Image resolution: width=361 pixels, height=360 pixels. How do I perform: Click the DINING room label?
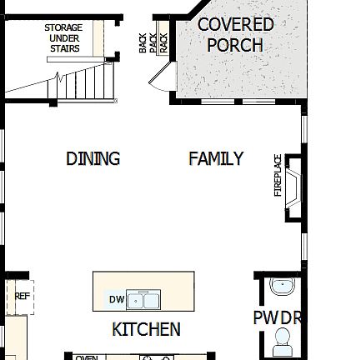click(93, 158)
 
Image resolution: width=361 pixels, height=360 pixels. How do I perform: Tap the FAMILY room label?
click(216, 158)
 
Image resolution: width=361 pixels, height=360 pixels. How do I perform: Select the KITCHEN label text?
click(146, 329)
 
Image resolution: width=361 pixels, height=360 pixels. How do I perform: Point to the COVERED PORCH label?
click(235, 35)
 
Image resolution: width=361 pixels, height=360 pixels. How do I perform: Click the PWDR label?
click(277, 317)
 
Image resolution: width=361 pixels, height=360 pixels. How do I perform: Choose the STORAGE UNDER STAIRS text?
click(64, 38)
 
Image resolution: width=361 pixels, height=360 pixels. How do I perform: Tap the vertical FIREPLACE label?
click(278, 176)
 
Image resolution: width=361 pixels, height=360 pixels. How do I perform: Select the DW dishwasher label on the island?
click(116, 299)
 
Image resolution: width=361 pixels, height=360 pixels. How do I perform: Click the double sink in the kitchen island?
click(143, 299)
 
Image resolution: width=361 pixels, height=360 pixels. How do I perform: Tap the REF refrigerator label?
click(23, 296)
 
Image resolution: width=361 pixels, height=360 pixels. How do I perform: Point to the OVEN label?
click(87, 357)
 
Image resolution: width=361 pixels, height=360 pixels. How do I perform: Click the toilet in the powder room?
click(283, 341)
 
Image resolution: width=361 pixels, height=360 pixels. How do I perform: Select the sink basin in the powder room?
click(283, 287)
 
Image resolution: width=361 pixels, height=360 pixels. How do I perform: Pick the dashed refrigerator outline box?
click(20, 298)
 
